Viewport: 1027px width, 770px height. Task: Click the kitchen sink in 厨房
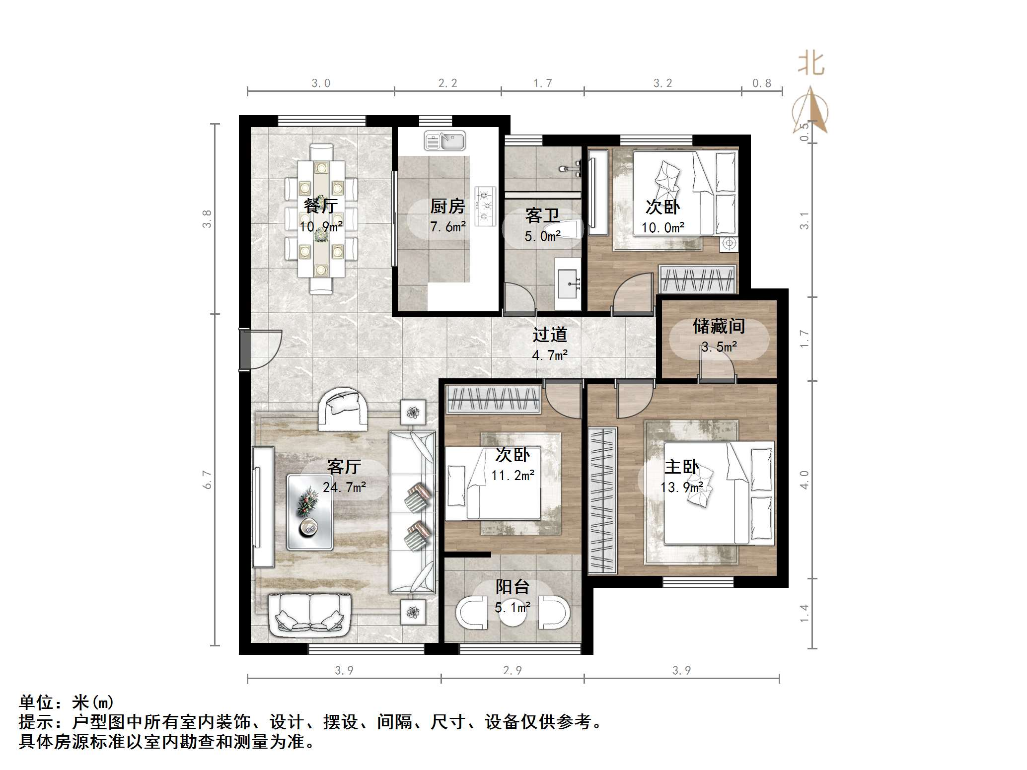[445, 141]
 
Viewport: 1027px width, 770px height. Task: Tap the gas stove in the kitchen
[485, 206]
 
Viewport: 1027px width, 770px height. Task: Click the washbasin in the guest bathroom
[568, 283]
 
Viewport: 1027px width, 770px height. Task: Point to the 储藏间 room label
[719, 327]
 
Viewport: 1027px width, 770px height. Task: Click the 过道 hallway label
[549, 335]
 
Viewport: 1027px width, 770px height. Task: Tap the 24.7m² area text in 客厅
[344, 488]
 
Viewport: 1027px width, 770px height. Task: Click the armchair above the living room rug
[343, 409]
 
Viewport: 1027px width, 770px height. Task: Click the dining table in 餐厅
[321, 218]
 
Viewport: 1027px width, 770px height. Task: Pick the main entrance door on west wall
[245, 349]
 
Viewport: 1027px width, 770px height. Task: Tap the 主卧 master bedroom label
[682, 467]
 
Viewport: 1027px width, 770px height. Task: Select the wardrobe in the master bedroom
[602, 501]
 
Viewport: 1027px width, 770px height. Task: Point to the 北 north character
[811, 64]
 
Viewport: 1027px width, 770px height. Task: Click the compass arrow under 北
[810, 110]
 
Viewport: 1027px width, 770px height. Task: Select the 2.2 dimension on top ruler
[447, 83]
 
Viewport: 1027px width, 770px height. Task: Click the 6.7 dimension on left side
[207, 480]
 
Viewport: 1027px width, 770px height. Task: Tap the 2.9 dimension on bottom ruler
[513, 671]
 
